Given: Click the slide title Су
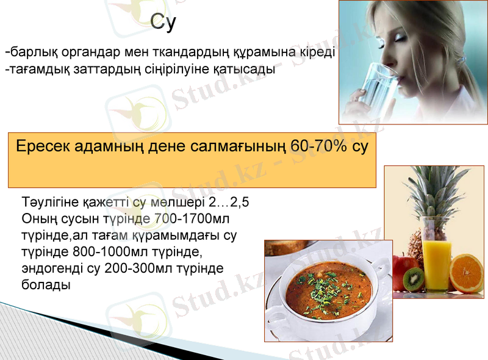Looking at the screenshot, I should click(x=163, y=23).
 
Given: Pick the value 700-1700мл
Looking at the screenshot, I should click(x=188, y=218).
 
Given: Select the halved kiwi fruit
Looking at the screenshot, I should click(x=414, y=278).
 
